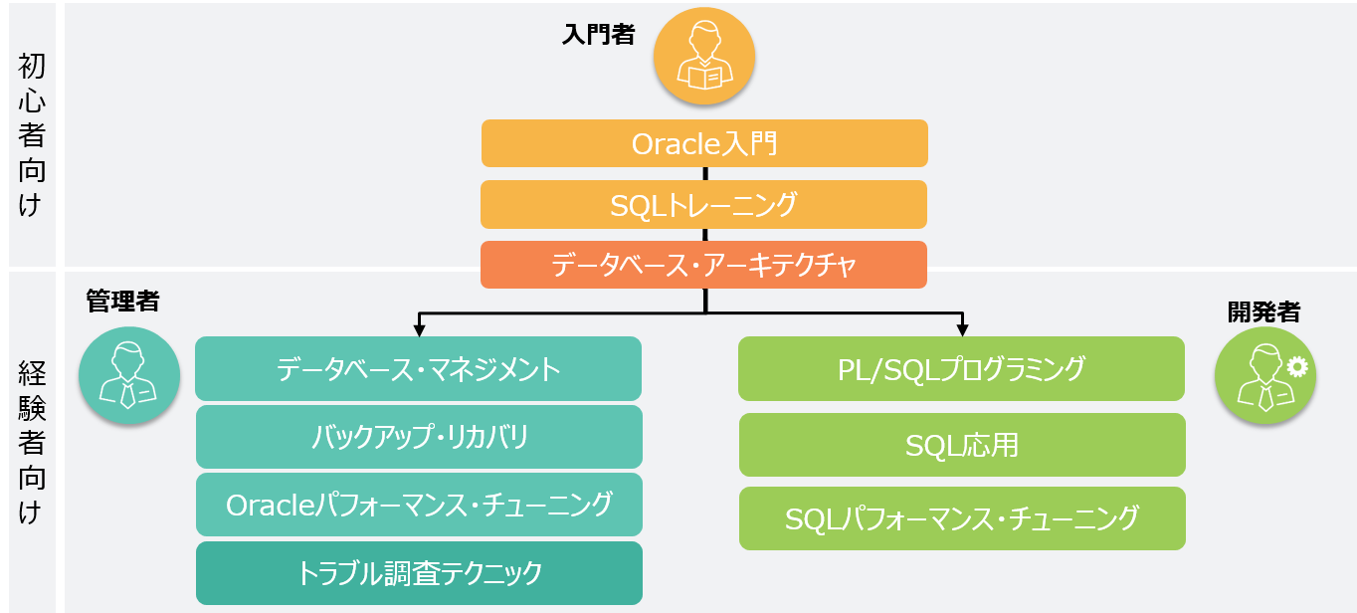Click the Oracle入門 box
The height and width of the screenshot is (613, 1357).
tap(704, 143)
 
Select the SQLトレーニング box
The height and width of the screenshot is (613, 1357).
tap(704, 205)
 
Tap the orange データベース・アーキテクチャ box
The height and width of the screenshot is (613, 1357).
tap(704, 265)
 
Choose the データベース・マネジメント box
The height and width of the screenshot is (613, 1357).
tap(419, 369)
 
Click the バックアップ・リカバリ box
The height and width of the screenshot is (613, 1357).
tap(419, 437)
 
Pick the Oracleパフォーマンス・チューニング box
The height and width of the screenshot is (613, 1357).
tap(419, 505)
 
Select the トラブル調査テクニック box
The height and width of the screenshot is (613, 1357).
tap(419, 573)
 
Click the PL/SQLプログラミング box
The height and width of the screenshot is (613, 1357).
tap(961, 369)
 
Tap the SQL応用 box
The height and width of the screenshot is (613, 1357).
tap(962, 445)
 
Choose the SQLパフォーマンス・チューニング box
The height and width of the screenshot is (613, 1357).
tap(962, 518)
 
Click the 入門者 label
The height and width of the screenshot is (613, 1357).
tap(599, 35)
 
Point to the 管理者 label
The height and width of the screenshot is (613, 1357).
tap(123, 302)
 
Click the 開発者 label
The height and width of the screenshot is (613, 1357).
tap(1264, 311)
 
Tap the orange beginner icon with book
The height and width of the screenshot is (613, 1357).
tap(704, 57)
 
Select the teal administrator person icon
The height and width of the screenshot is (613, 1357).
tap(129, 375)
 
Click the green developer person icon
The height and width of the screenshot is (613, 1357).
tap(1264, 375)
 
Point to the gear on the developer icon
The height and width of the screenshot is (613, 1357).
tap(1297, 367)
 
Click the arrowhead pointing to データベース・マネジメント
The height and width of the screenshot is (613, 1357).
tap(419, 330)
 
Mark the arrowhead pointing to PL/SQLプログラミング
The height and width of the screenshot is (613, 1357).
tap(962, 330)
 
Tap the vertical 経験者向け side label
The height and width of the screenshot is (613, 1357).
tap(31, 443)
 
